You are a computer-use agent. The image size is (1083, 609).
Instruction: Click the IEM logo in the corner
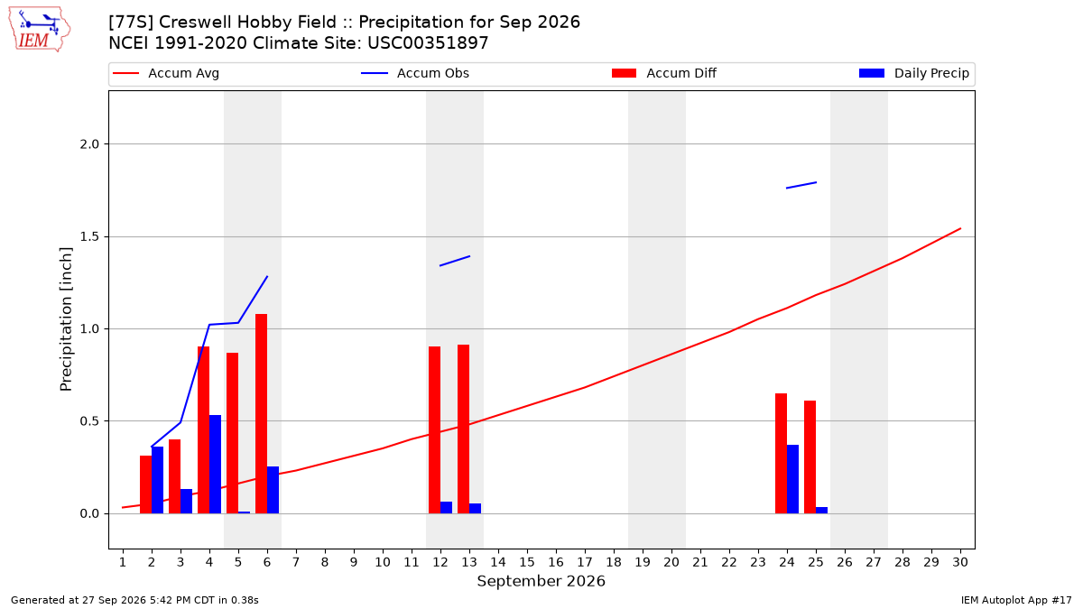click(40, 30)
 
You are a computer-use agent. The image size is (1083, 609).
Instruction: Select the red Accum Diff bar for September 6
click(261, 414)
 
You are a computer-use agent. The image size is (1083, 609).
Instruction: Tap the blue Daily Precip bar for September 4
click(215, 464)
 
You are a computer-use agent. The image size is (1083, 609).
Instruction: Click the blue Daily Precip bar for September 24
click(793, 479)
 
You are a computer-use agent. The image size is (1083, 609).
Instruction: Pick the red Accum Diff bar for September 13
click(463, 429)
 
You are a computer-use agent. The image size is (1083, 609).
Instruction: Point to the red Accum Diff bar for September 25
click(810, 457)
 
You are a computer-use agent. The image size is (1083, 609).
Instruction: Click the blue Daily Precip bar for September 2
click(157, 480)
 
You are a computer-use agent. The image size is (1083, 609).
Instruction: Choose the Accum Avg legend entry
click(166, 73)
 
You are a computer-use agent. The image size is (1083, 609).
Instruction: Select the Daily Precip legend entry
click(913, 73)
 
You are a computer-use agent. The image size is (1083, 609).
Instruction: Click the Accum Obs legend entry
click(415, 73)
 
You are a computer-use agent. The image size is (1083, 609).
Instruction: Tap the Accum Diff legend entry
click(664, 73)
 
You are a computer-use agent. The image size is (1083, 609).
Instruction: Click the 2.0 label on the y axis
click(89, 144)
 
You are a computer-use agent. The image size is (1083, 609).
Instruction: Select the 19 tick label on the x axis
click(643, 562)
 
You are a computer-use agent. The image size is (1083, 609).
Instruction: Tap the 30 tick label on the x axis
click(960, 562)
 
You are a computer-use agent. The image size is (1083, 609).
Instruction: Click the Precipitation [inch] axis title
click(66, 319)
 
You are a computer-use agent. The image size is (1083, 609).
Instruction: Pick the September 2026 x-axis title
click(541, 581)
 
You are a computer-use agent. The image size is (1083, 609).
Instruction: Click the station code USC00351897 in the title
click(428, 43)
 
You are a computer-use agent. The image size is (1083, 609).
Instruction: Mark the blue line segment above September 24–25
click(801, 185)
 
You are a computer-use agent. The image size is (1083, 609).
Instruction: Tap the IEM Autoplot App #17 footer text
click(1016, 600)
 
